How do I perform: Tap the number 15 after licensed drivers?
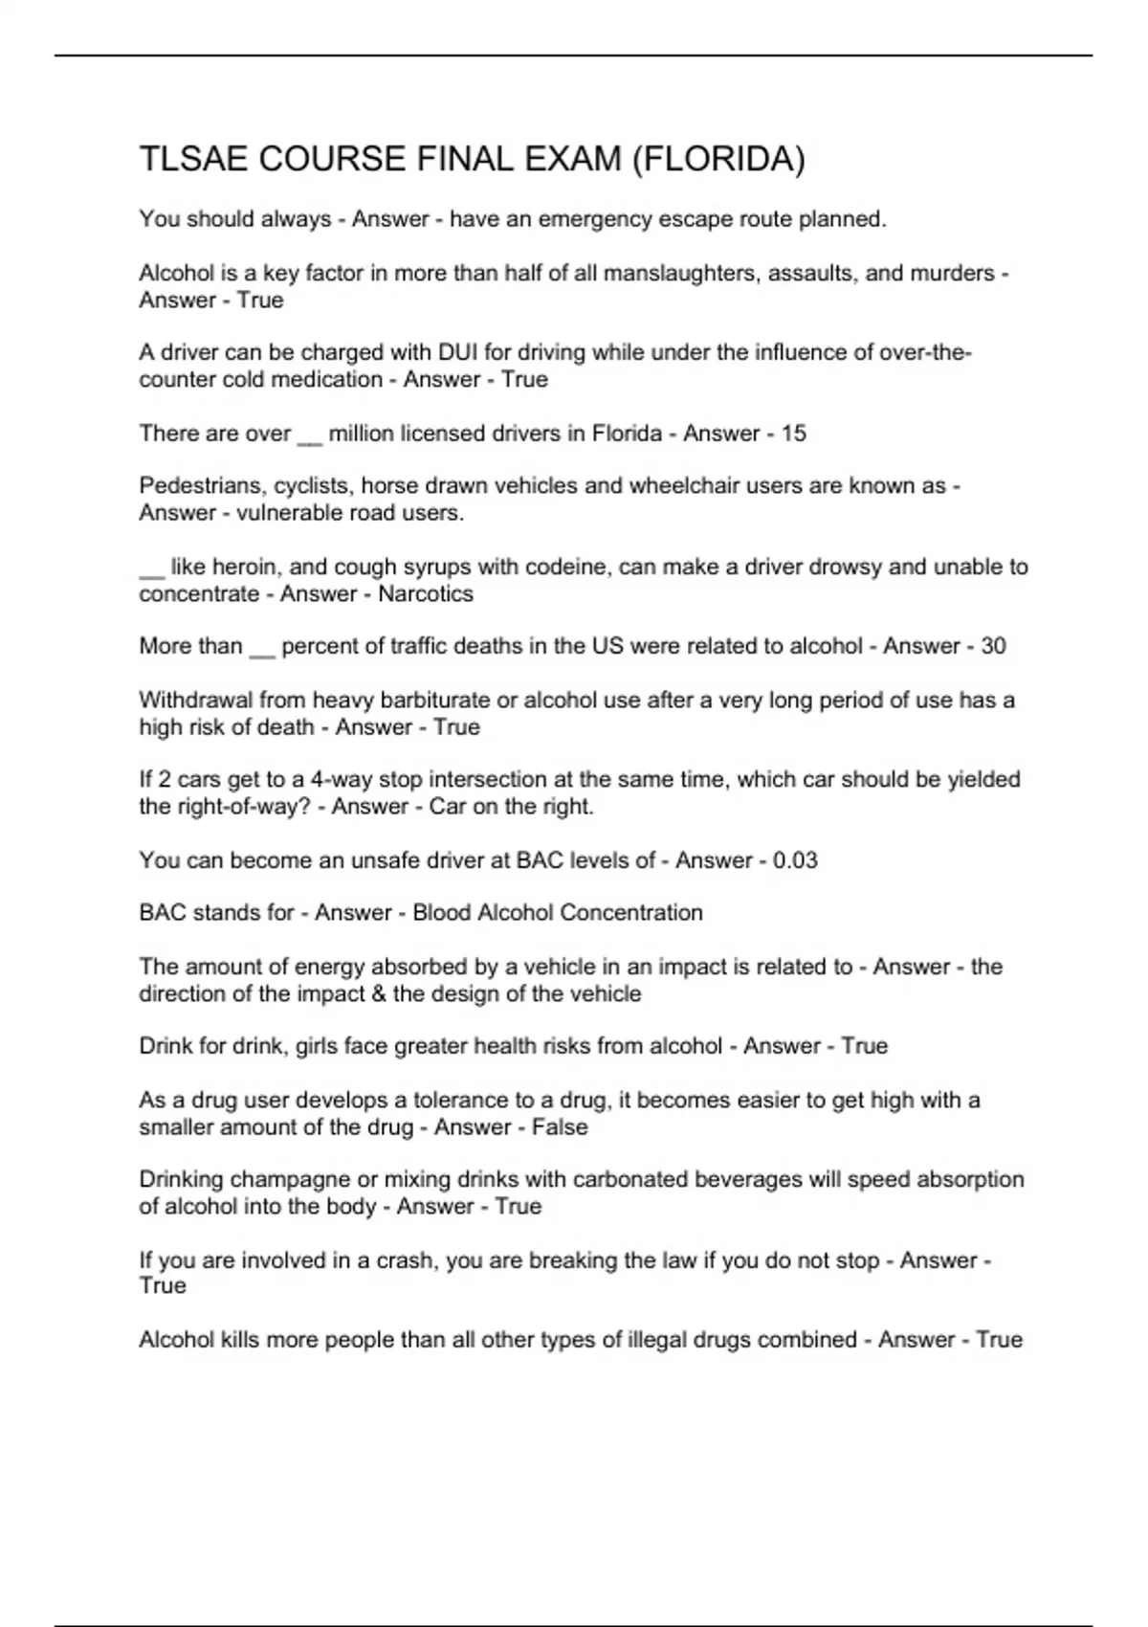tap(793, 434)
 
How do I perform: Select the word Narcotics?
tap(426, 593)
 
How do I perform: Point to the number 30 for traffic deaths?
tap(993, 646)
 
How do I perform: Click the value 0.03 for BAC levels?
tap(795, 860)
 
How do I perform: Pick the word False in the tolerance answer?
tap(560, 1126)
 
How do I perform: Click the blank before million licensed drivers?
tap(310, 435)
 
